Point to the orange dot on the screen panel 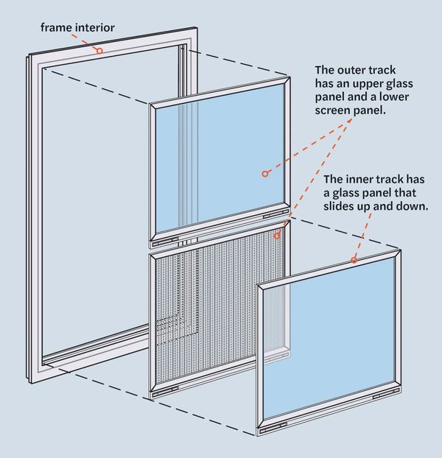[277, 236]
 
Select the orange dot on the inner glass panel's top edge [354, 260]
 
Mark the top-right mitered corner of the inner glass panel [399, 253]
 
